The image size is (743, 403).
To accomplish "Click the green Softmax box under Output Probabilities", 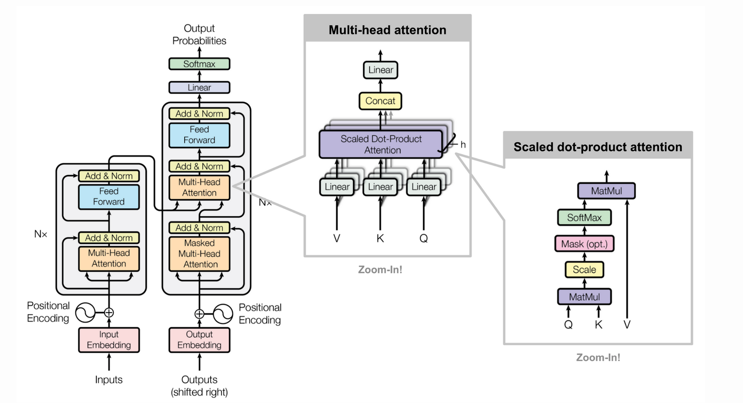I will coord(199,64).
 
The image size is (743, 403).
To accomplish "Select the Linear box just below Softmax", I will coord(199,87).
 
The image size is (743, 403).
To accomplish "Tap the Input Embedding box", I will coord(109,340).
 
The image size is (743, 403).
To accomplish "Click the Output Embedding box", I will coord(199,340).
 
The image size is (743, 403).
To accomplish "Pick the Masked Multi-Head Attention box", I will coord(199,254).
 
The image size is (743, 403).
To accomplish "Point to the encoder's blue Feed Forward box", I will coord(109,196).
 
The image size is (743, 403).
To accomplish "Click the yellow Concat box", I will coord(380,101).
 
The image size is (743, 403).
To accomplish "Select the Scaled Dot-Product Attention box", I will coord(381,144).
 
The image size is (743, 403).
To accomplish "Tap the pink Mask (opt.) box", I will coord(584,244).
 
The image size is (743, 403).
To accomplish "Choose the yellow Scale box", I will coord(584,269).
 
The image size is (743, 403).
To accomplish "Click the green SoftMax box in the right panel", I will coord(584,217).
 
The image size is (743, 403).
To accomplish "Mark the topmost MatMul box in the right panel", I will coord(606,191).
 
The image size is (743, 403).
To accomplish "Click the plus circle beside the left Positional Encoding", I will coord(109,313).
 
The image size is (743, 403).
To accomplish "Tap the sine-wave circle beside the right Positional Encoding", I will coord(223,314).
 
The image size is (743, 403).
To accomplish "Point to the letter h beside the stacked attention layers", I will coord(463,145).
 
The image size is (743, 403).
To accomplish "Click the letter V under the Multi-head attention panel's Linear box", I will coord(337,238).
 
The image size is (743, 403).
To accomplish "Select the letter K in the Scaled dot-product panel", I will coord(598,325).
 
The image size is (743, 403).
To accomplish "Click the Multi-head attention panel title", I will coord(387,30).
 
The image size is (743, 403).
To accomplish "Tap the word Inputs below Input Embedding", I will coord(109,380).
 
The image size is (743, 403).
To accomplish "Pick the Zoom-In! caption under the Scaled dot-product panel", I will coord(598,357).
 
